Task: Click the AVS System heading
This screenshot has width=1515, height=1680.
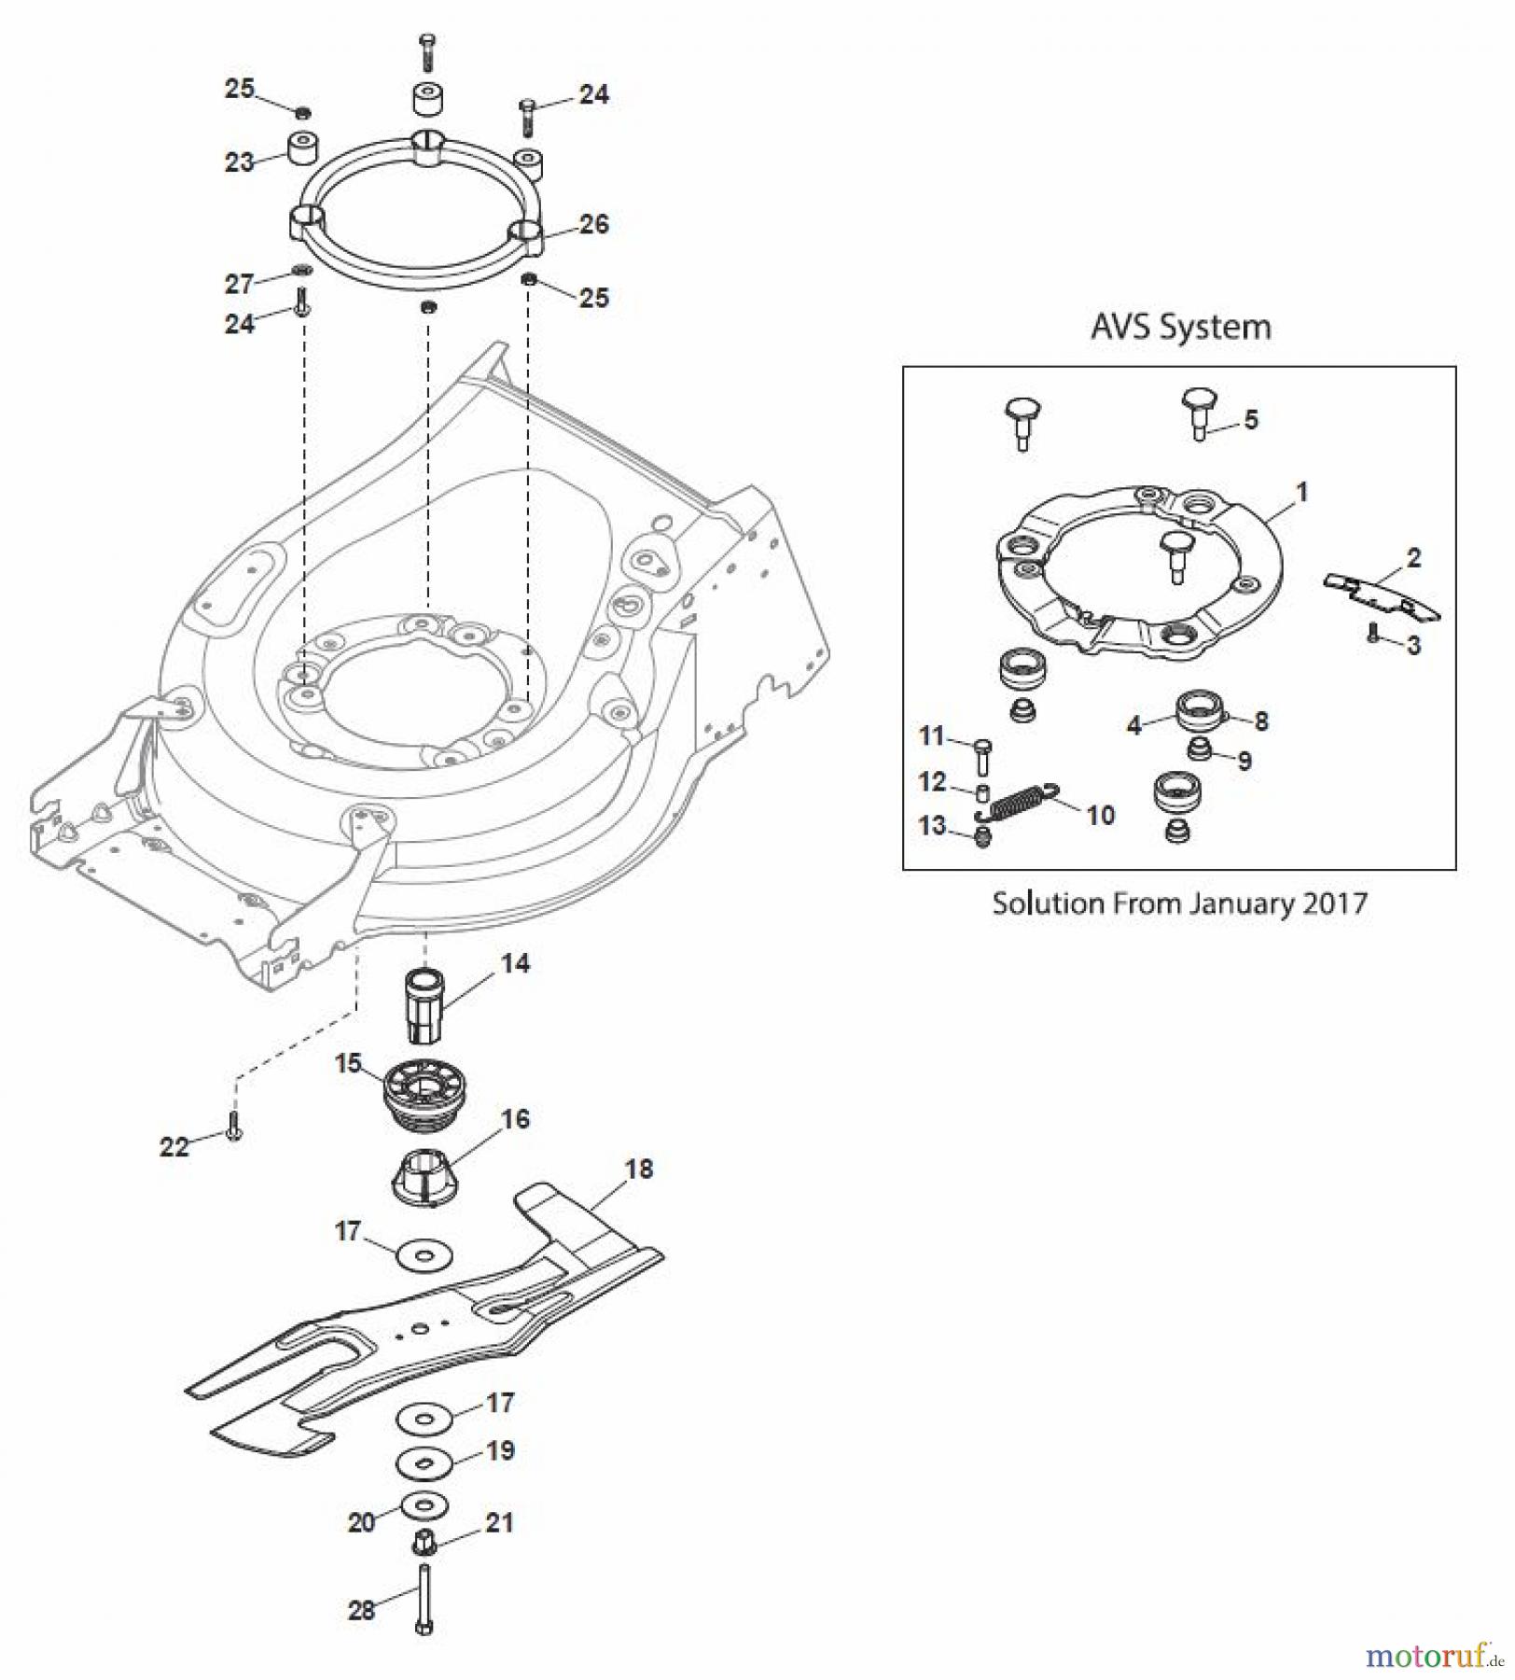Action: (x=1180, y=327)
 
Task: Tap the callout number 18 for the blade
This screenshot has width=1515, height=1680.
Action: (x=638, y=1169)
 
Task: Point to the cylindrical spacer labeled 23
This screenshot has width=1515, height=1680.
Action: (x=301, y=148)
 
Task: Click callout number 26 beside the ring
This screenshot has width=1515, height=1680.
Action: (x=593, y=224)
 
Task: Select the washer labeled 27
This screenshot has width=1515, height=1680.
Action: (x=300, y=271)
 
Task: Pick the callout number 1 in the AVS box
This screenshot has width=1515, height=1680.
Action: (x=1302, y=491)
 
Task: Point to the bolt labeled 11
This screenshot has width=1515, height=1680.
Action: (x=982, y=755)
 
